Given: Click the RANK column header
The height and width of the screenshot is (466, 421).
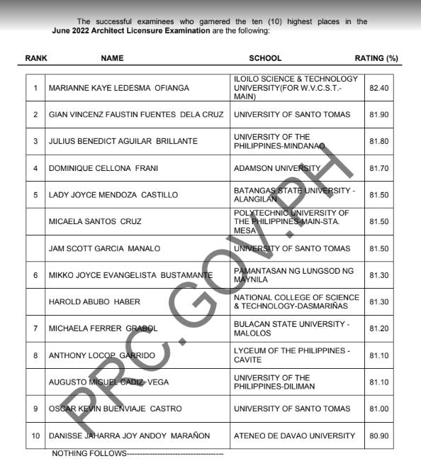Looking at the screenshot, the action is pyautogui.click(x=36, y=58).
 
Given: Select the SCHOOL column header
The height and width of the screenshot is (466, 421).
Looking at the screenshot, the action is pyautogui.click(x=265, y=58).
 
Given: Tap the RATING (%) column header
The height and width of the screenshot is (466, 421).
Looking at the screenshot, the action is pyautogui.click(x=376, y=58).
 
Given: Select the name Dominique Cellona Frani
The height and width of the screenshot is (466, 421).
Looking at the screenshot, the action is pyautogui.click(x=103, y=168).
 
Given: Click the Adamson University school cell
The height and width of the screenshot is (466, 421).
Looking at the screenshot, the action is pyautogui.click(x=277, y=168).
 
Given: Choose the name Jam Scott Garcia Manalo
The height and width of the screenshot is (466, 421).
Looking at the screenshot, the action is pyautogui.click(x=104, y=248).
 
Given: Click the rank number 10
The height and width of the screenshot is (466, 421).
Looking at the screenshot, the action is pyautogui.click(x=35, y=436).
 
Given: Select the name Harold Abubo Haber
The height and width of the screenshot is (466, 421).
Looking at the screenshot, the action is pyautogui.click(x=94, y=301).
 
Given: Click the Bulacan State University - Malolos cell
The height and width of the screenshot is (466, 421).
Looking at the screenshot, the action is pyautogui.click(x=291, y=328).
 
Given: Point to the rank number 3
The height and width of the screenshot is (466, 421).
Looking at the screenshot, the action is pyautogui.click(x=35, y=141).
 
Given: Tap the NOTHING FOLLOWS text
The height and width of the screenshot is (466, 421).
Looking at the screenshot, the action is pyautogui.click(x=89, y=453).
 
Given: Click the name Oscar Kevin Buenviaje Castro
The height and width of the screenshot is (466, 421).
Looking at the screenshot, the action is pyautogui.click(x=115, y=409).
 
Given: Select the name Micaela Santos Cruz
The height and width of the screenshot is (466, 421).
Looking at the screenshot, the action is pyautogui.click(x=95, y=221).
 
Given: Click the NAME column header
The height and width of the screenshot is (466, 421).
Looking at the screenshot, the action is pyautogui.click(x=112, y=58).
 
